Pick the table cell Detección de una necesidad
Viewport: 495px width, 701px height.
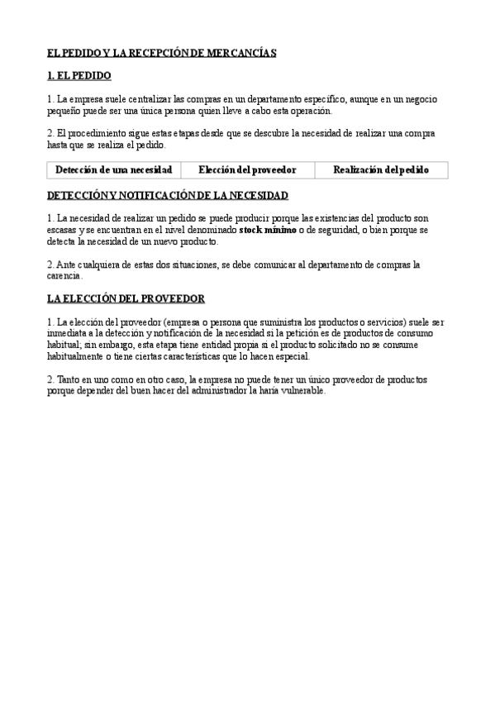[x=113, y=170]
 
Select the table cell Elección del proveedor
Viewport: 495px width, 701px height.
[x=247, y=170]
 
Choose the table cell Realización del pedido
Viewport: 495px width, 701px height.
[x=381, y=170]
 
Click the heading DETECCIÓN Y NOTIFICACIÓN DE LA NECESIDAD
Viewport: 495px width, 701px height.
[x=168, y=195]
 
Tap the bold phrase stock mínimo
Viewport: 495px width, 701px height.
[x=267, y=230]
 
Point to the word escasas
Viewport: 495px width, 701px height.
[x=63, y=230]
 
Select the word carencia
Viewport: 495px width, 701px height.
[x=64, y=276]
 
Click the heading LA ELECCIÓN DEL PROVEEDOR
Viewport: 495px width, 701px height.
[x=126, y=298]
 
